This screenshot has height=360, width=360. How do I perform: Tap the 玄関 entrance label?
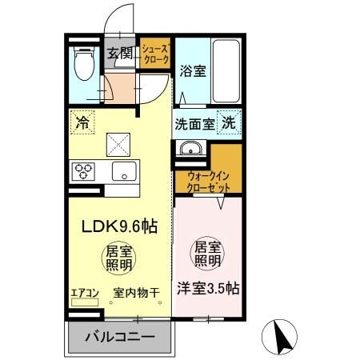[122, 53]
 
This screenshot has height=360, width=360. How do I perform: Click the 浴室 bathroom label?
[194, 70]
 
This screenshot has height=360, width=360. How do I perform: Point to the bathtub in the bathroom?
[229, 70]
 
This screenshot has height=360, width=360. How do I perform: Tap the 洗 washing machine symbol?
[228, 124]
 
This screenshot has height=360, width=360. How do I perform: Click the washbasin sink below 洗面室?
[190, 148]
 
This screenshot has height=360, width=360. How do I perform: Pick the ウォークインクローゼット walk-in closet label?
[209, 180]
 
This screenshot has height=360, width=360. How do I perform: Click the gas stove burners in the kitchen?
[84, 170]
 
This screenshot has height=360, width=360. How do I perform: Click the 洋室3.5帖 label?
[208, 290]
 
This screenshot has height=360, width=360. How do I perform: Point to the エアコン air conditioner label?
[85, 293]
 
